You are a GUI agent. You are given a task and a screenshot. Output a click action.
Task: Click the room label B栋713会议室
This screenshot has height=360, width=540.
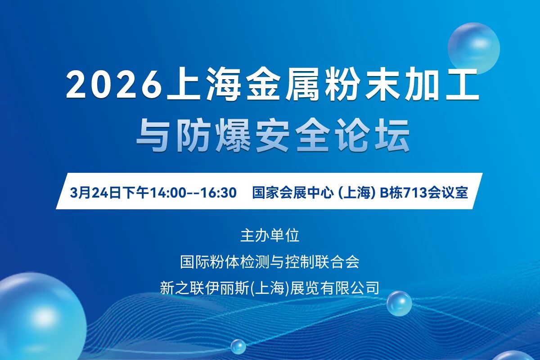click(423, 193)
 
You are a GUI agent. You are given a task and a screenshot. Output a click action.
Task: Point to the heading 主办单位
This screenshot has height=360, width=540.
click(270, 236)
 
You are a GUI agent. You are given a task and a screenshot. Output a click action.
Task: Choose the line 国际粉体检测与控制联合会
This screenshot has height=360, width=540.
click(270, 262)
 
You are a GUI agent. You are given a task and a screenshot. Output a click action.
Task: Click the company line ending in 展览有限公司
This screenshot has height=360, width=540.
click(270, 288)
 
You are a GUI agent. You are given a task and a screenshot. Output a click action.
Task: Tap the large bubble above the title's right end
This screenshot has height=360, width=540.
click(474, 49)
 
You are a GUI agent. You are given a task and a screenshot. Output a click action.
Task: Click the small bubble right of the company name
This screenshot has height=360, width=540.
click(399, 303)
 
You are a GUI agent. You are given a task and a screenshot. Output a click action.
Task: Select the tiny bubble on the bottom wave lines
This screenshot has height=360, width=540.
click(238, 347)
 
